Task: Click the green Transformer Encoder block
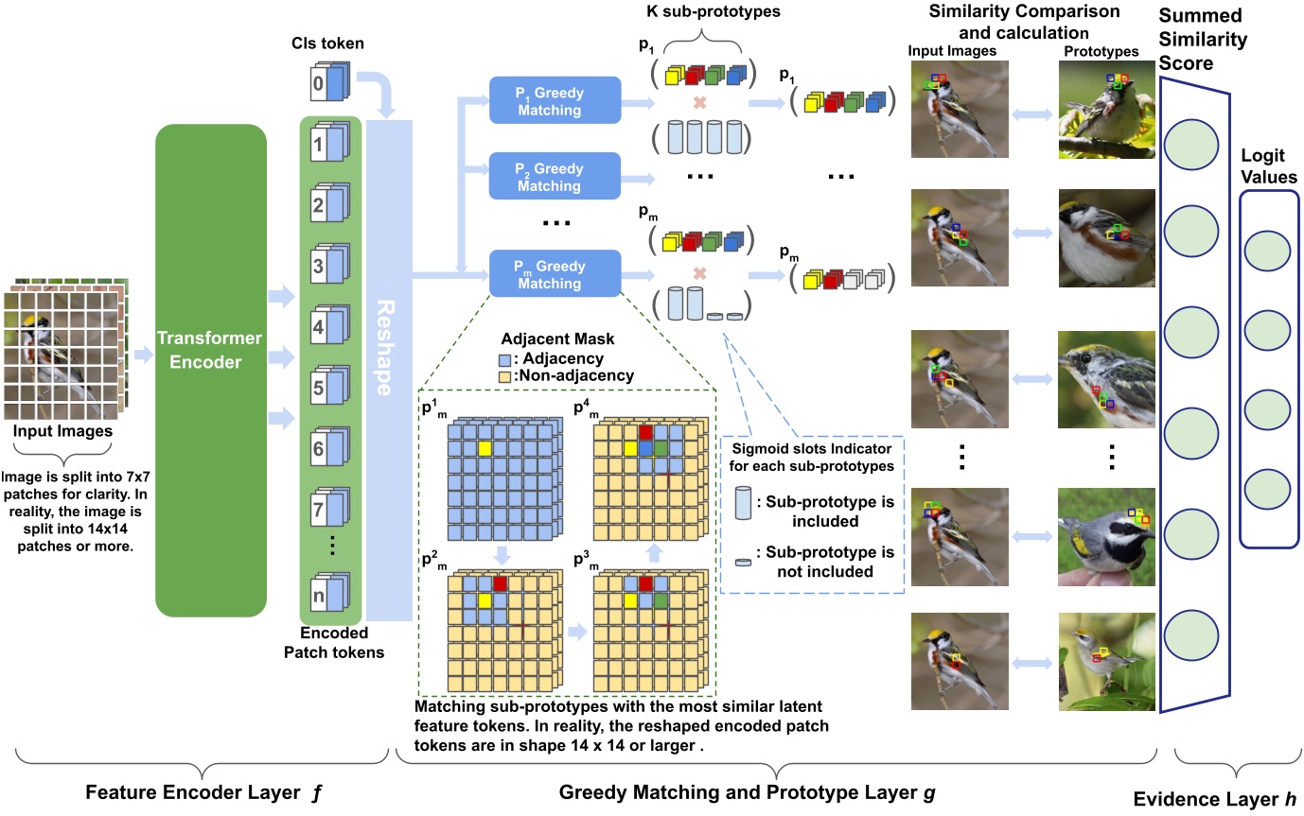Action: [x=211, y=370]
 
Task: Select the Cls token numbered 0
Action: [x=332, y=83]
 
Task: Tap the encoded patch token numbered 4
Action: [x=332, y=329]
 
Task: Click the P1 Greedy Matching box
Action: [x=554, y=100]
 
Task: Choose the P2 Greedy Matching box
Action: [x=554, y=176]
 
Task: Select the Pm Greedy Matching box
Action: [x=554, y=274]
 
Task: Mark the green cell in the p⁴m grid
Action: [x=661, y=447]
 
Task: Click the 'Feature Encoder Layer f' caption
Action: [x=200, y=790]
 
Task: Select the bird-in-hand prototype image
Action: [x=1107, y=536]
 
